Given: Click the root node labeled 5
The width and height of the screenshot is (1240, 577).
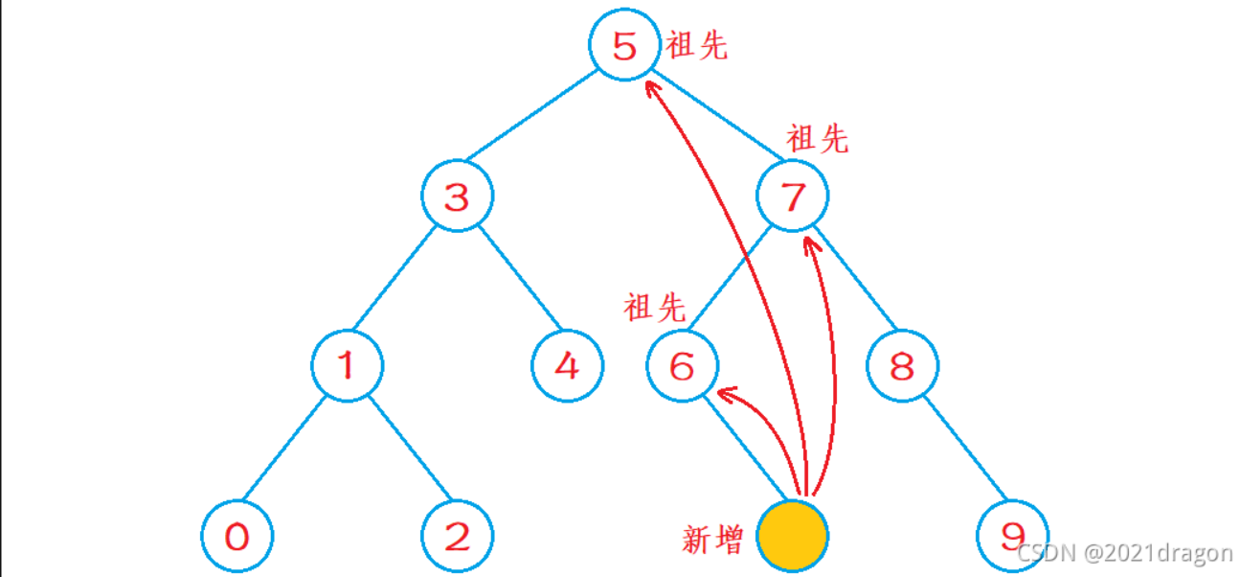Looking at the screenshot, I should point(624,46).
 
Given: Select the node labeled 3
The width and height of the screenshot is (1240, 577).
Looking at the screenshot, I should point(458,196).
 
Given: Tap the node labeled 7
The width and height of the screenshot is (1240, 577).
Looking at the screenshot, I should point(793,196).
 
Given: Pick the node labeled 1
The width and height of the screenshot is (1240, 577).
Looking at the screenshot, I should point(348,365).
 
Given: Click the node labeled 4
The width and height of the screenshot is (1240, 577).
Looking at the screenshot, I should point(568,365).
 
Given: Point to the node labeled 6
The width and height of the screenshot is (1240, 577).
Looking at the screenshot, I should point(682,365).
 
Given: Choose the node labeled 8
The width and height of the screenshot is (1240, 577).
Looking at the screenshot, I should point(903,365).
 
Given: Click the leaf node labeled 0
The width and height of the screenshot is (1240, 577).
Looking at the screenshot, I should point(237,536).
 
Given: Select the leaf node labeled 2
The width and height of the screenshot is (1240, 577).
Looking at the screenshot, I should point(458,536).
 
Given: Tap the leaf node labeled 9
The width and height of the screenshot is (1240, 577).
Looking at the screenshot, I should point(1013,536).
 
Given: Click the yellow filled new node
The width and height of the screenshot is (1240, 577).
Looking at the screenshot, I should point(793,536).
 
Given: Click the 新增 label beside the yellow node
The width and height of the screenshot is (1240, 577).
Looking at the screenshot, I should point(712,540).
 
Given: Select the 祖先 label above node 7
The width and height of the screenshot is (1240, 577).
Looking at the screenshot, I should point(817,140).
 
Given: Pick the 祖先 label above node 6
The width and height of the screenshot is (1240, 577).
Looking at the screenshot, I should point(655,308).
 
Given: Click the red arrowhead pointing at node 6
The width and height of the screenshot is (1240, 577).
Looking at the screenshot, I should point(725,393).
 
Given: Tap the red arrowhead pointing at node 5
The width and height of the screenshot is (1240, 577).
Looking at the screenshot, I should point(651,88).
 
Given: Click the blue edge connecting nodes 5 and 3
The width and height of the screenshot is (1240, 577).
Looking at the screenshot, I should point(530,114).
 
